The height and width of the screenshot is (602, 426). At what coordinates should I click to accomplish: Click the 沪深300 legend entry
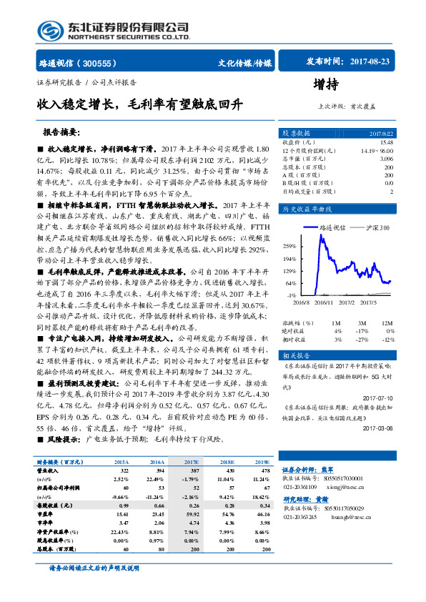pyautogui.click(x=371, y=227)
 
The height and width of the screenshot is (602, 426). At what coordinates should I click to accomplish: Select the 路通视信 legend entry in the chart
pyautogui.click(x=329, y=227)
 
